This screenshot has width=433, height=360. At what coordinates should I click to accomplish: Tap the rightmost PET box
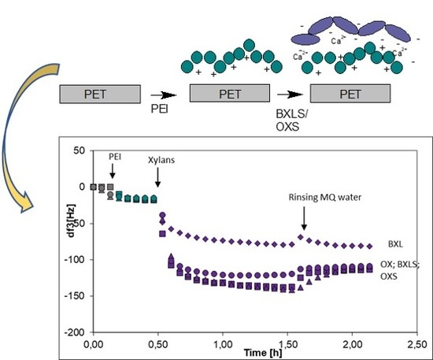click(350, 93)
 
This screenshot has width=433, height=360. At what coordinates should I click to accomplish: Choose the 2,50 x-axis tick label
click(416, 343)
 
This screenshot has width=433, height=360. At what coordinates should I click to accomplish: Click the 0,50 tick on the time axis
click(157, 343)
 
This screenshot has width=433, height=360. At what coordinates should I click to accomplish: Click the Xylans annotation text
click(160, 159)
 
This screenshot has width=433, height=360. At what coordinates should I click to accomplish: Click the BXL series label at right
click(398, 245)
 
